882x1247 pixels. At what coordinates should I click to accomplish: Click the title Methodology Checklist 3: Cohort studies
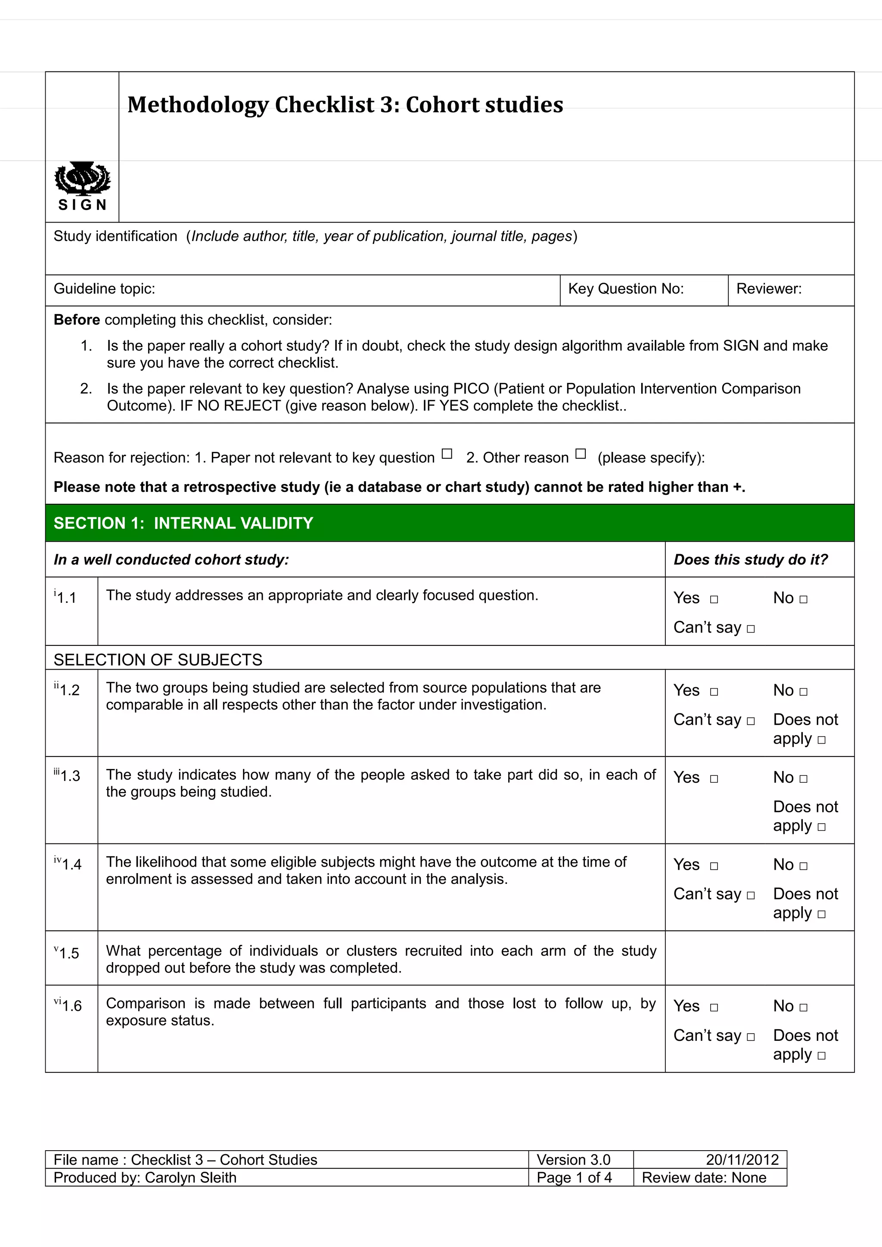(345, 105)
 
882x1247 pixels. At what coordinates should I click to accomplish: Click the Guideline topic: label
(104, 289)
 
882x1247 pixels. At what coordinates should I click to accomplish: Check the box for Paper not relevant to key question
(447, 454)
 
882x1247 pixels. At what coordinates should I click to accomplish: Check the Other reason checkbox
(581, 454)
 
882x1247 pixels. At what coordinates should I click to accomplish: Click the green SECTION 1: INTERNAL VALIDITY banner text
(183, 523)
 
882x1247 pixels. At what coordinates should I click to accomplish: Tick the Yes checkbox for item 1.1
(714, 599)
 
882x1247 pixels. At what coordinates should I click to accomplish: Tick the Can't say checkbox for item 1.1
(751, 629)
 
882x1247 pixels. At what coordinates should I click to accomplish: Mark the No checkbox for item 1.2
(804, 692)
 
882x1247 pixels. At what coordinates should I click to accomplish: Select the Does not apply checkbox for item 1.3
(822, 827)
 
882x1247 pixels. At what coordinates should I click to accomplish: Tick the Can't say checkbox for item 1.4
(751, 895)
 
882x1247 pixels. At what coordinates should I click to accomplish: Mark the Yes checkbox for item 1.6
(714, 1007)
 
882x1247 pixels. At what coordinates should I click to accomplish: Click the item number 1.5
(69, 953)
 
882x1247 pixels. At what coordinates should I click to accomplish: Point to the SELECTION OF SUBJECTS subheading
(158, 660)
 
